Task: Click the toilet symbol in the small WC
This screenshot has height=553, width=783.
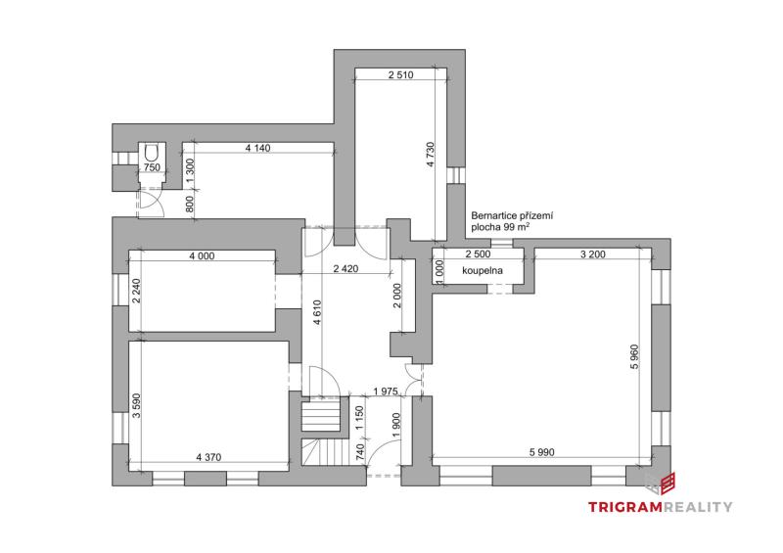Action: pyautogui.click(x=151, y=153)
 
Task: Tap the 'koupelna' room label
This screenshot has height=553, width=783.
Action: pyautogui.click(x=483, y=271)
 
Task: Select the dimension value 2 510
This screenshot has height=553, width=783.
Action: pyautogui.click(x=400, y=75)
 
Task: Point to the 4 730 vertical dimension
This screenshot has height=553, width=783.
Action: pyautogui.click(x=431, y=155)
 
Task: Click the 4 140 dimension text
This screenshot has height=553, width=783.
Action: pyautogui.click(x=257, y=148)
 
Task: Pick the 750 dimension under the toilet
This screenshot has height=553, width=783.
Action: pyautogui.click(x=152, y=167)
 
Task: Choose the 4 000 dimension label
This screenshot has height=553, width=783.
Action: pyautogui.click(x=202, y=255)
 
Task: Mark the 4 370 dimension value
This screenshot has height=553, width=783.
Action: pyautogui.click(x=208, y=457)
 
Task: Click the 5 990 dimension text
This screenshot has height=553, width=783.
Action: pyautogui.click(x=542, y=452)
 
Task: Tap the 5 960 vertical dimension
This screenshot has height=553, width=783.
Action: pyautogui.click(x=634, y=356)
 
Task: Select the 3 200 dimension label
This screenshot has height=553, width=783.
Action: pyautogui.click(x=593, y=253)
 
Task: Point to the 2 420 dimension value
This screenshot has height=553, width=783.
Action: pyautogui.click(x=346, y=269)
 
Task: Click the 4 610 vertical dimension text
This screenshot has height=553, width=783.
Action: pyautogui.click(x=317, y=313)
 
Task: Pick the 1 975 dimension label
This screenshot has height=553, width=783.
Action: pyautogui.click(x=386, y=392)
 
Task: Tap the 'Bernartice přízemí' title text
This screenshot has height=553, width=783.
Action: pyautogui.click(x=512, y=216)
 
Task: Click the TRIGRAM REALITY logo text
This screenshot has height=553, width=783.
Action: pyautogui.click(x=660, y=507)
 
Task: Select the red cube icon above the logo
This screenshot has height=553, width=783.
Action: pyautogui.click(x=668, y=484)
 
